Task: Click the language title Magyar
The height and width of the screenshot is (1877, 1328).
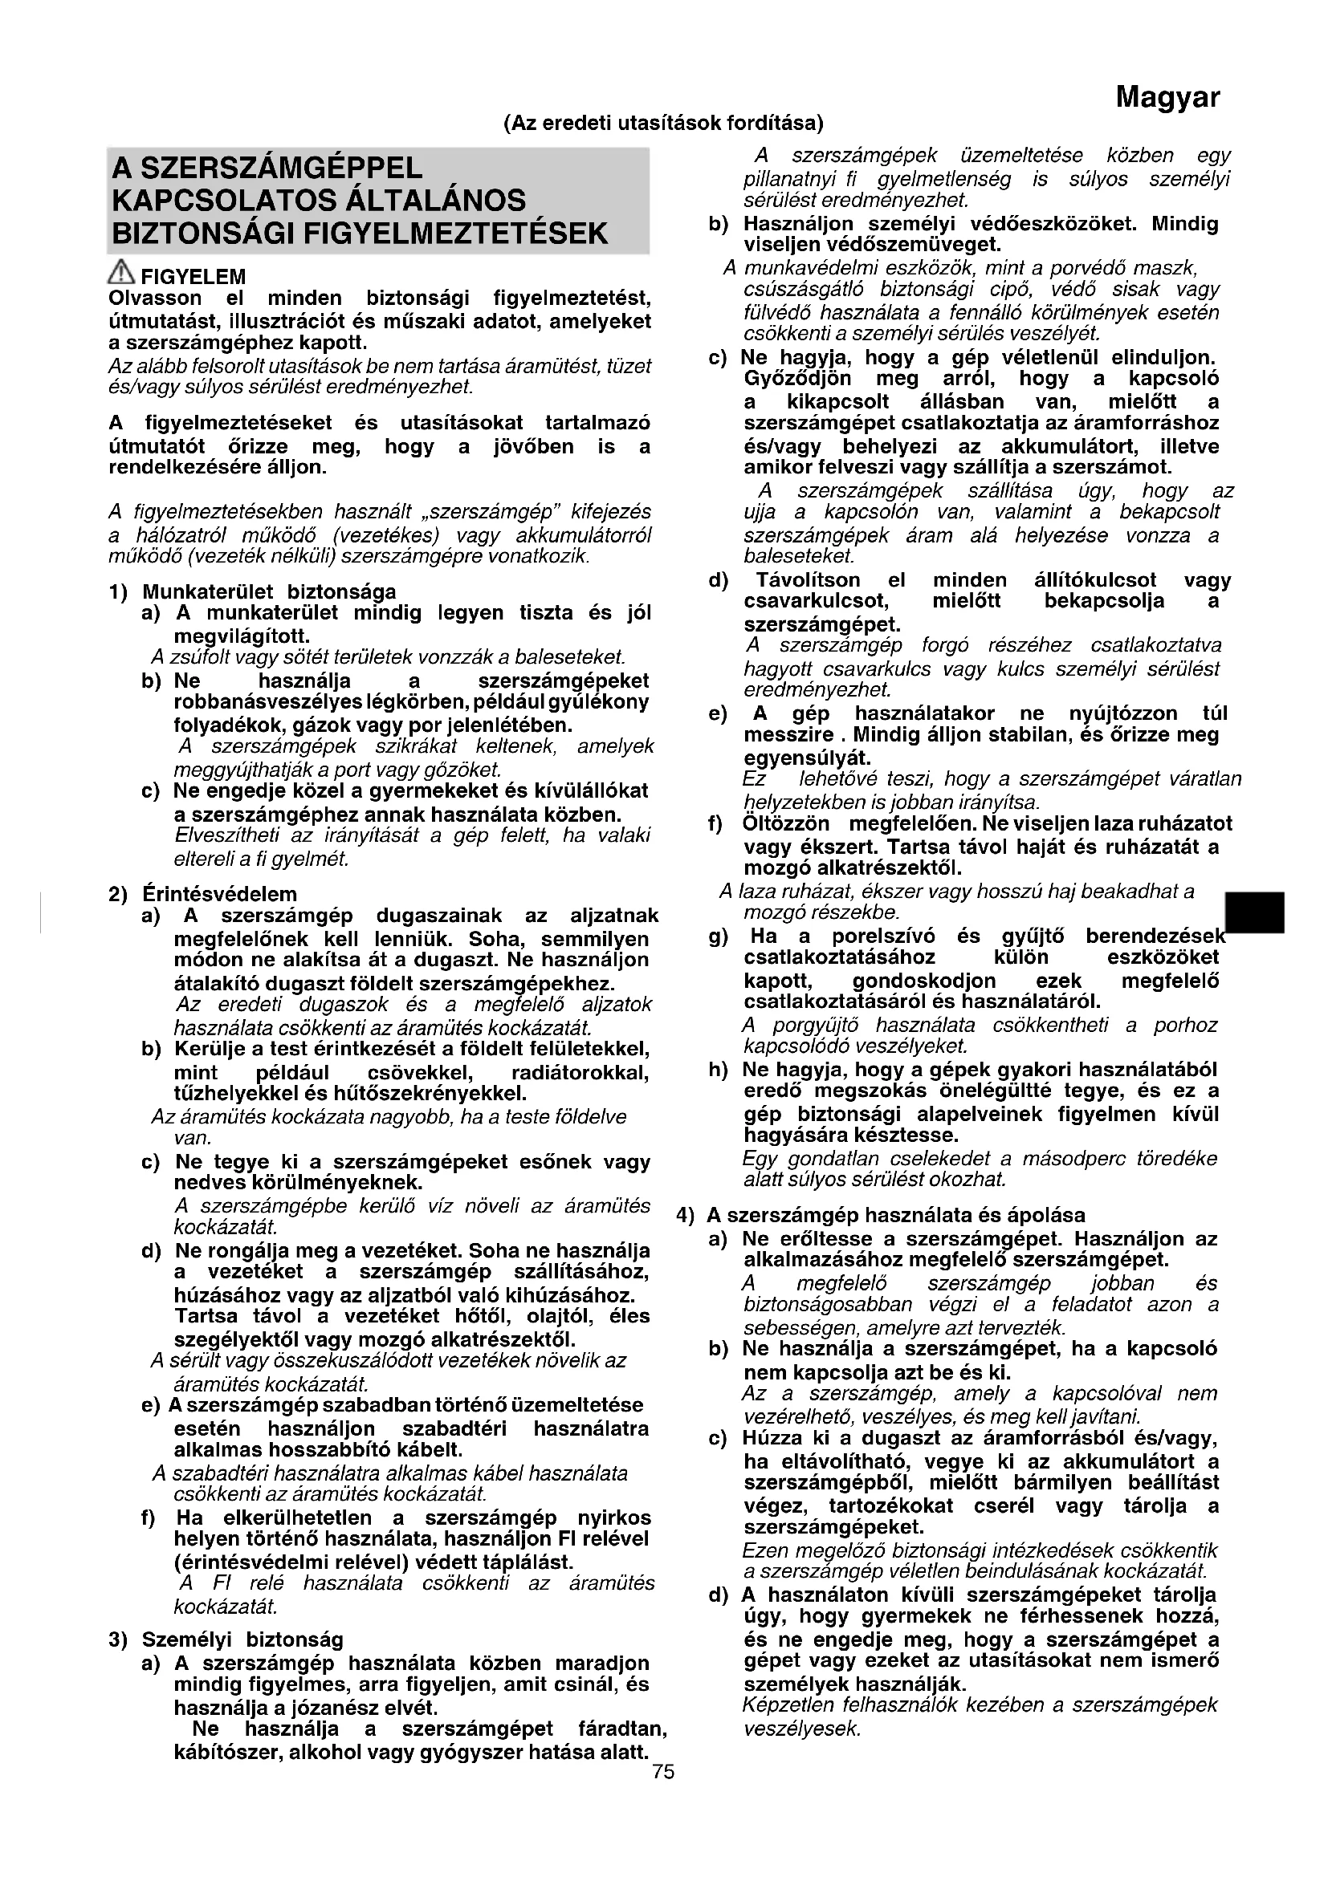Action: coord(1167,98)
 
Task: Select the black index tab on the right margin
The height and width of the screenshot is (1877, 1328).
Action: coord(1254,912)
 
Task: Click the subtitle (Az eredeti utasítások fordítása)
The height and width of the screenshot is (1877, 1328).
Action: coord(663,124)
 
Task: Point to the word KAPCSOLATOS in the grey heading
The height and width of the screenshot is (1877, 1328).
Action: coord(214,201)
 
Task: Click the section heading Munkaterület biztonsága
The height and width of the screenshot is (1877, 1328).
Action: coord(269,591)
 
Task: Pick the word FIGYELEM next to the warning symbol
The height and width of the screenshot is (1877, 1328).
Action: coord(193,277)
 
